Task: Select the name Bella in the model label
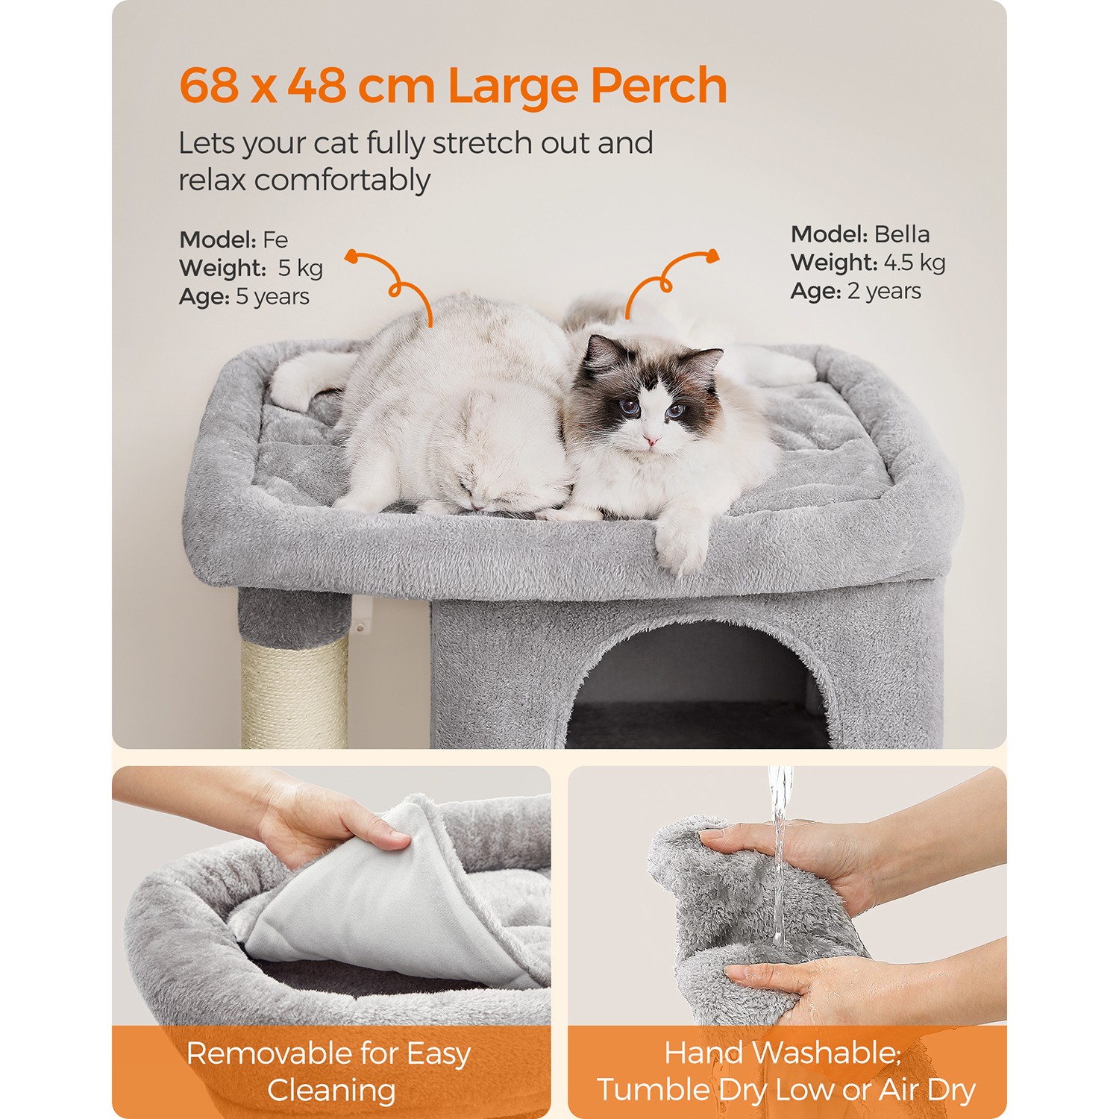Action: (902, 234)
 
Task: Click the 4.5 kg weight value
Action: (915, 263)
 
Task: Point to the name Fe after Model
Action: (275, 239)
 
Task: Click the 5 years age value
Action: (272, 296)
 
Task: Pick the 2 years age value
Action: (884, 291)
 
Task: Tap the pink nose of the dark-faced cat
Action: (651, 442)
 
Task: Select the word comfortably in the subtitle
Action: (342, 181)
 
